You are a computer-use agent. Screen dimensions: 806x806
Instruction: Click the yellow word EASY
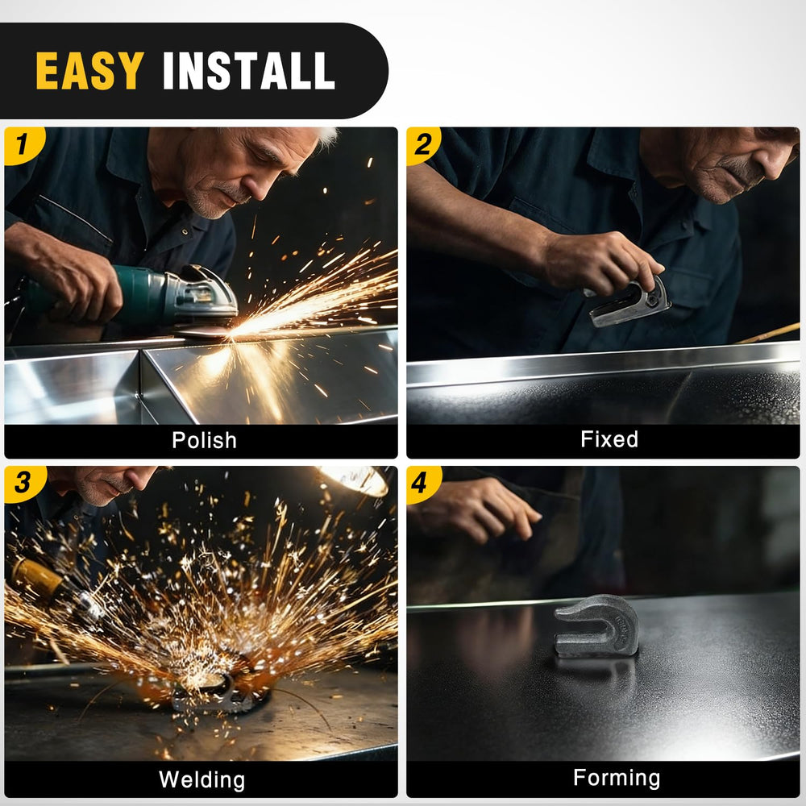[89, 70]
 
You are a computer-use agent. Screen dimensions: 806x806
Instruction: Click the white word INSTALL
[249, 70]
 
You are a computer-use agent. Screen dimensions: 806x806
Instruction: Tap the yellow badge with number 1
[23, 145]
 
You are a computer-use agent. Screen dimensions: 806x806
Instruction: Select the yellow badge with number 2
[423, 145]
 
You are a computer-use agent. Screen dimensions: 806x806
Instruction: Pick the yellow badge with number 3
[23, 484]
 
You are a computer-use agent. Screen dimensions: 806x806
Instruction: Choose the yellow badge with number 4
[423, 484]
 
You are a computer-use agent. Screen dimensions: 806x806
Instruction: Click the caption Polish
[204, 441]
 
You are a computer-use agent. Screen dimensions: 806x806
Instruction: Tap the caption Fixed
[609, 439]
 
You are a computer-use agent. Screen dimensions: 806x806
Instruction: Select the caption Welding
[201, 779]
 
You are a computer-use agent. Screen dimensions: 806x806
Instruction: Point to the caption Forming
[617, 779]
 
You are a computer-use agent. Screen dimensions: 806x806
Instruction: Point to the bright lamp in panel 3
[355, 480]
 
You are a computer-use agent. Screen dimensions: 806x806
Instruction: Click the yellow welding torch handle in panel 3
[36, 575]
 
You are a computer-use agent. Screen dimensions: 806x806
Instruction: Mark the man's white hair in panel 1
[325, 137]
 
